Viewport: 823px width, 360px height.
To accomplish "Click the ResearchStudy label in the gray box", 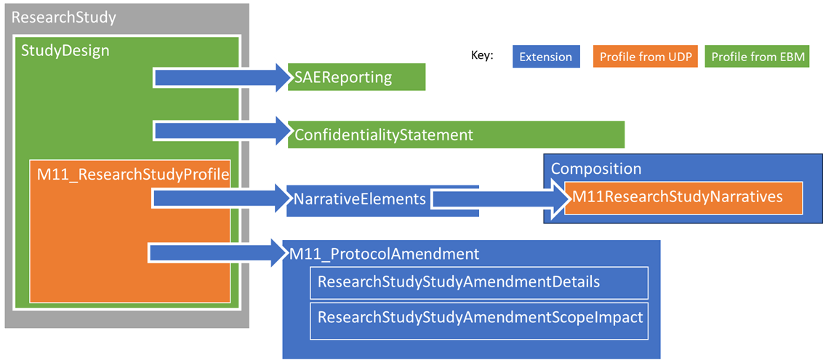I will [64, 17].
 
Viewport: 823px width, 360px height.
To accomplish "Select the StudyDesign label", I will [65, 51].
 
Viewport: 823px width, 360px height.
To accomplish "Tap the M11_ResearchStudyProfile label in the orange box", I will [133, 175].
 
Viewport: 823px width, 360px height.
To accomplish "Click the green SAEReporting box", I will [356, 77].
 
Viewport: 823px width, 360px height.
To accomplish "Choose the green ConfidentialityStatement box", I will [456, 135].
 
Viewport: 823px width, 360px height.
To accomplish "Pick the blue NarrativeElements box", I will [360, 199].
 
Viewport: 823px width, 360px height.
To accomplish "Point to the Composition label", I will [596, 169].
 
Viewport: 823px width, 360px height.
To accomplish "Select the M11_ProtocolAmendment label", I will [385, 254].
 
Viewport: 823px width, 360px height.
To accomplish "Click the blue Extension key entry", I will [545, 57].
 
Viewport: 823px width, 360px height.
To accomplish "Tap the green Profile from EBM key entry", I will [757, 57].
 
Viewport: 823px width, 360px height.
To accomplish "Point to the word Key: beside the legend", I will [482, 55].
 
